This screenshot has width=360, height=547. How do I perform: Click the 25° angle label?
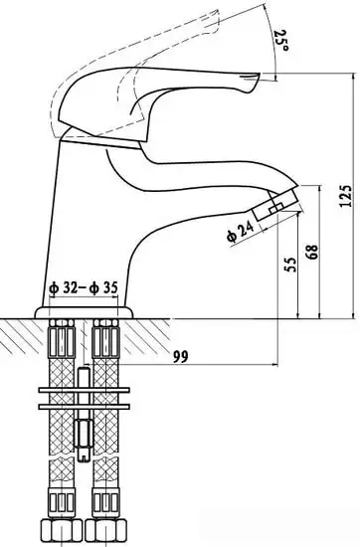[x=281, y=40]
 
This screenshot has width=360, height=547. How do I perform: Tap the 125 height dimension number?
[x=346, y=195]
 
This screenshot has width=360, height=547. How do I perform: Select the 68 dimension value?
[x=312, y=252]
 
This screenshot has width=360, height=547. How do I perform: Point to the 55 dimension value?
[x=290, y=265]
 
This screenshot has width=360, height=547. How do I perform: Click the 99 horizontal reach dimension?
[x=180, y=356]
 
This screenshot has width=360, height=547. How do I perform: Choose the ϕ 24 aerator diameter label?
[x=240, y=232]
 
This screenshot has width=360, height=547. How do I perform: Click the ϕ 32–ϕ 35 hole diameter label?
[x=84, y=287]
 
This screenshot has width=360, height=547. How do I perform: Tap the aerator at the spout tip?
[x=275, y=204]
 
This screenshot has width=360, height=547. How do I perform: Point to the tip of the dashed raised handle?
[x=215, y=17]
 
